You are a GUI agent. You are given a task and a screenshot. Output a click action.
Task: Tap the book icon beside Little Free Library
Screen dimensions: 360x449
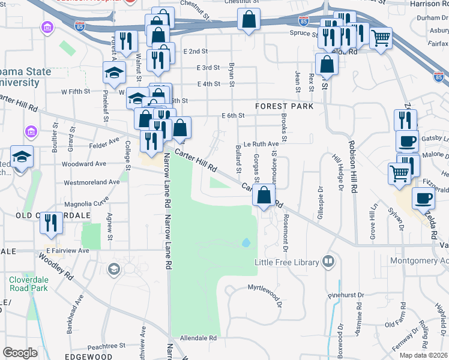pyautogui.click(x=328, y=261)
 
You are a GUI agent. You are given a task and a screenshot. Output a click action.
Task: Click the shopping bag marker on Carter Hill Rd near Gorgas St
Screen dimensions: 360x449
pyautogui.click(x=264, y=195)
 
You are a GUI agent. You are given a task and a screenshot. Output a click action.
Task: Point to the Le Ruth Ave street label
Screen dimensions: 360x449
pyautogui.click(x=261, y=144)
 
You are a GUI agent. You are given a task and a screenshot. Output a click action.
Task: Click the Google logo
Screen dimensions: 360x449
pyautogui.click(x=20, y=353)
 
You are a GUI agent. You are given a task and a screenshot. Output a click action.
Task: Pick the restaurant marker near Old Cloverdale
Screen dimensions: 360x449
pyautogui.click(x=50, y=223)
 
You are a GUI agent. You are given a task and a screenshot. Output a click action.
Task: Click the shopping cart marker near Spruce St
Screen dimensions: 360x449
pyautogui.click(x=381, y=38)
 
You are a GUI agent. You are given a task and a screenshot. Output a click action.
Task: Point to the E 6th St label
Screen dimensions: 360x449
pyautogui.click(x=234, y=115)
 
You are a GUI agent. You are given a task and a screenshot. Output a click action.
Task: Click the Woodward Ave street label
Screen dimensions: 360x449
pyautogui.click(x=83, y=163)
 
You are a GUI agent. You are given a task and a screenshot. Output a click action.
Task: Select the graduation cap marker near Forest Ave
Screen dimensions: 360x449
pyautogui.click(x=114, y=73)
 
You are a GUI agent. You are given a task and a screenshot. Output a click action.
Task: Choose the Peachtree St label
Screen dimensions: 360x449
pyautogui.click(x=106, y=346)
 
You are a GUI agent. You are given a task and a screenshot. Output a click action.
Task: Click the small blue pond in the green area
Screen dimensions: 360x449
pyautogui.click(x=246, y=243)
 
